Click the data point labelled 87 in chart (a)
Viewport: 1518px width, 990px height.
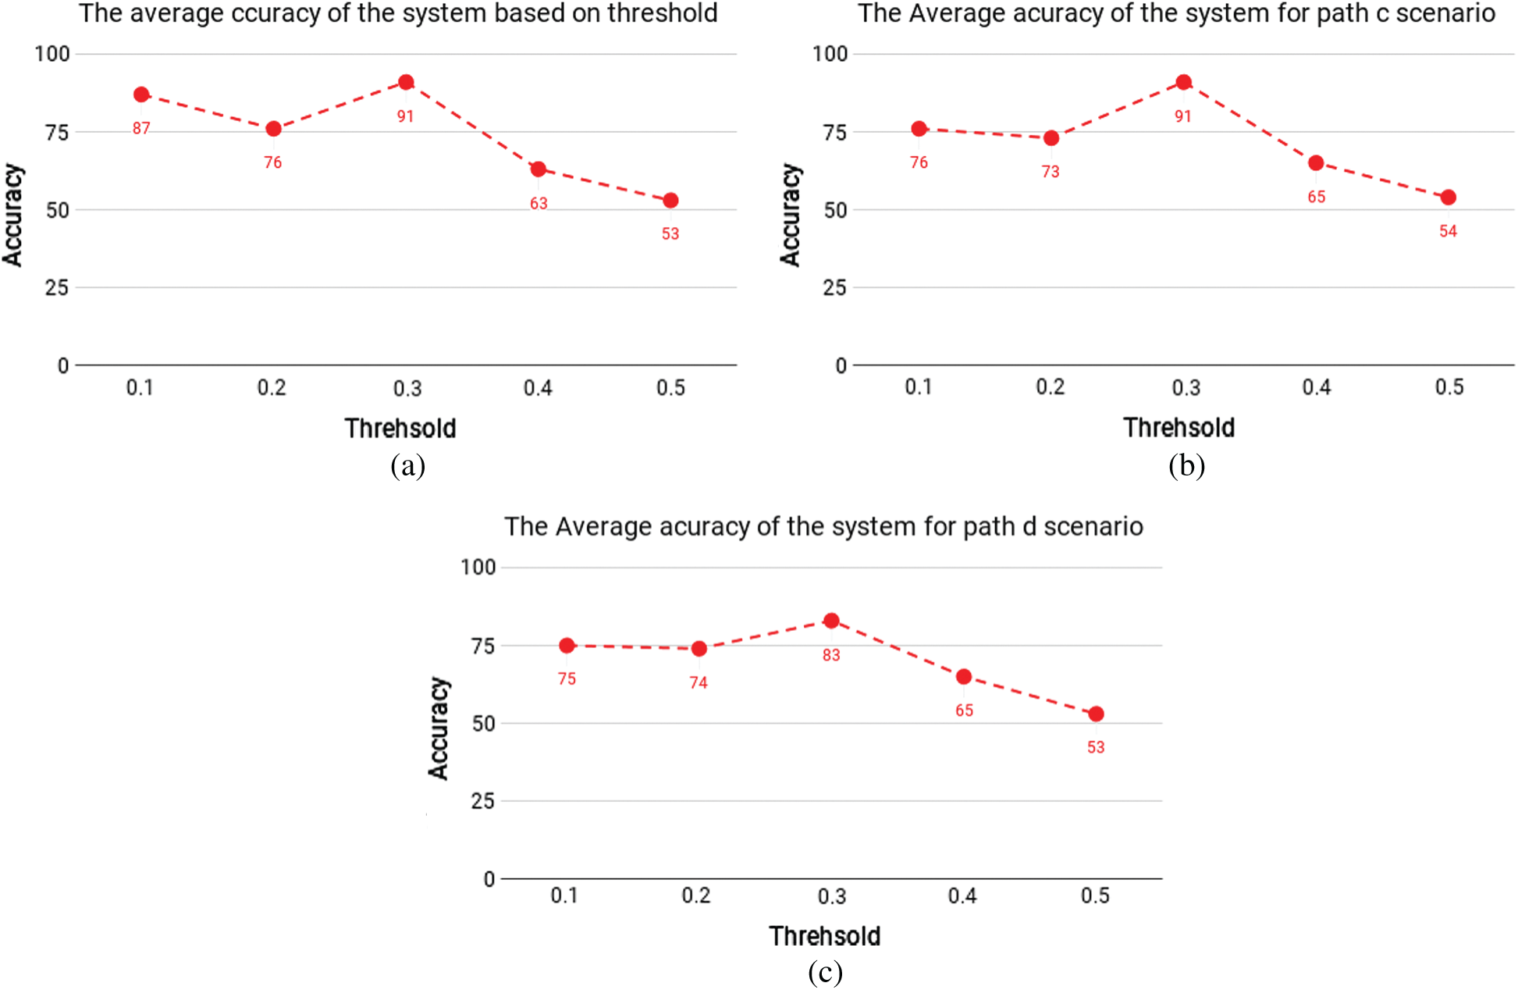(141, 94)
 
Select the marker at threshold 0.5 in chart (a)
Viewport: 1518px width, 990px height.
(670, 201)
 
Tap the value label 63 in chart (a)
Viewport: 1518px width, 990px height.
(539, 204)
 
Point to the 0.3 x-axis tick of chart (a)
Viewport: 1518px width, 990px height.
(407, 388)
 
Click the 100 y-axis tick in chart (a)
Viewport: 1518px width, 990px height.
(52, 54)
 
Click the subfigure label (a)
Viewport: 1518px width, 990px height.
(407, 465)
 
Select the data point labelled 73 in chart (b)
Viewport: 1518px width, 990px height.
(1051, 138)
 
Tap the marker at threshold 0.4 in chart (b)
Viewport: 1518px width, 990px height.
(1316, 163)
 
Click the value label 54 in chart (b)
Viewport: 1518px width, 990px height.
(1448, 231)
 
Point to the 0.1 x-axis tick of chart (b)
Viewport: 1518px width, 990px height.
(919, 387)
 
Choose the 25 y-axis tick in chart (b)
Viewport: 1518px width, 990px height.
(834, 288)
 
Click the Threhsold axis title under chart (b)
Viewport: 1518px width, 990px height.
(1178, 428)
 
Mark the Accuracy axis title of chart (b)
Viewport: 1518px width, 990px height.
(790, 215)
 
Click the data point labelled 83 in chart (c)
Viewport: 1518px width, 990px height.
(831, 621)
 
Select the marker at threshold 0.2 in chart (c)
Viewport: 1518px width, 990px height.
(699, 649)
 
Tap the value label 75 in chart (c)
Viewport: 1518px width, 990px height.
(567, 679)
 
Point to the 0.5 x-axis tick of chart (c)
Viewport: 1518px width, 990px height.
(1095, 896)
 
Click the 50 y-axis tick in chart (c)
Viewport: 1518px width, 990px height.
(484, 724)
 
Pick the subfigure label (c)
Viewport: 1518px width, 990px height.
(825, 972)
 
